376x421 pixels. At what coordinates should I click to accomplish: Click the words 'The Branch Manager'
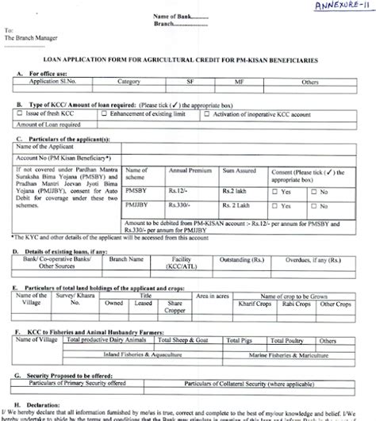pos(33,36)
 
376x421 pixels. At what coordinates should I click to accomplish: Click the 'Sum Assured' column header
pos(240,170)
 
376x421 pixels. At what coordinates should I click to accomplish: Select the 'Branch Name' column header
pos(125,258)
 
